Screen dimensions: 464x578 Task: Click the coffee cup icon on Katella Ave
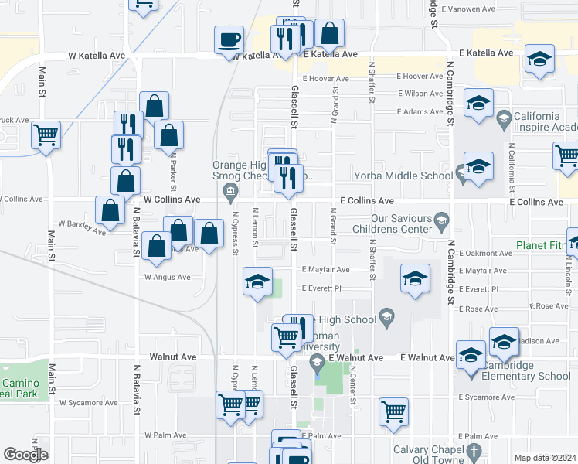pyautogui.click(x=229, y=39)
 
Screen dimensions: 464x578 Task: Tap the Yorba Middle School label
pyautogui.click(x=403, y=176)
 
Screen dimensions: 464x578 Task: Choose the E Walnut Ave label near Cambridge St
pyautogui.click(x=428, y=358)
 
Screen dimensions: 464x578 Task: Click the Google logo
pyautogui.click(x=25, y=455)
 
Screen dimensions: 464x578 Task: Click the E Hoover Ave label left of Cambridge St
pyautogui.click(x=420, y=77)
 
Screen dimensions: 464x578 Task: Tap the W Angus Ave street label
pyautogui.click(x=167, y=277)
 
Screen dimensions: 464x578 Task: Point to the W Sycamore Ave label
pyautogui.click(x=90, y=403)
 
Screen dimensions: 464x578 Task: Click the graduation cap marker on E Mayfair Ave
pyautogui.click(x=415, y=278)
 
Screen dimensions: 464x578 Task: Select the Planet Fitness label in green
pyautogui.click(x=546, y=253)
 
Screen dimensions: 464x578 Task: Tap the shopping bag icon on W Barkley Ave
pyautogui.click(x=110, y=210)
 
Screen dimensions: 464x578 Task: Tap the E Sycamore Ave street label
pyautogui.click(x=485, y=397)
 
